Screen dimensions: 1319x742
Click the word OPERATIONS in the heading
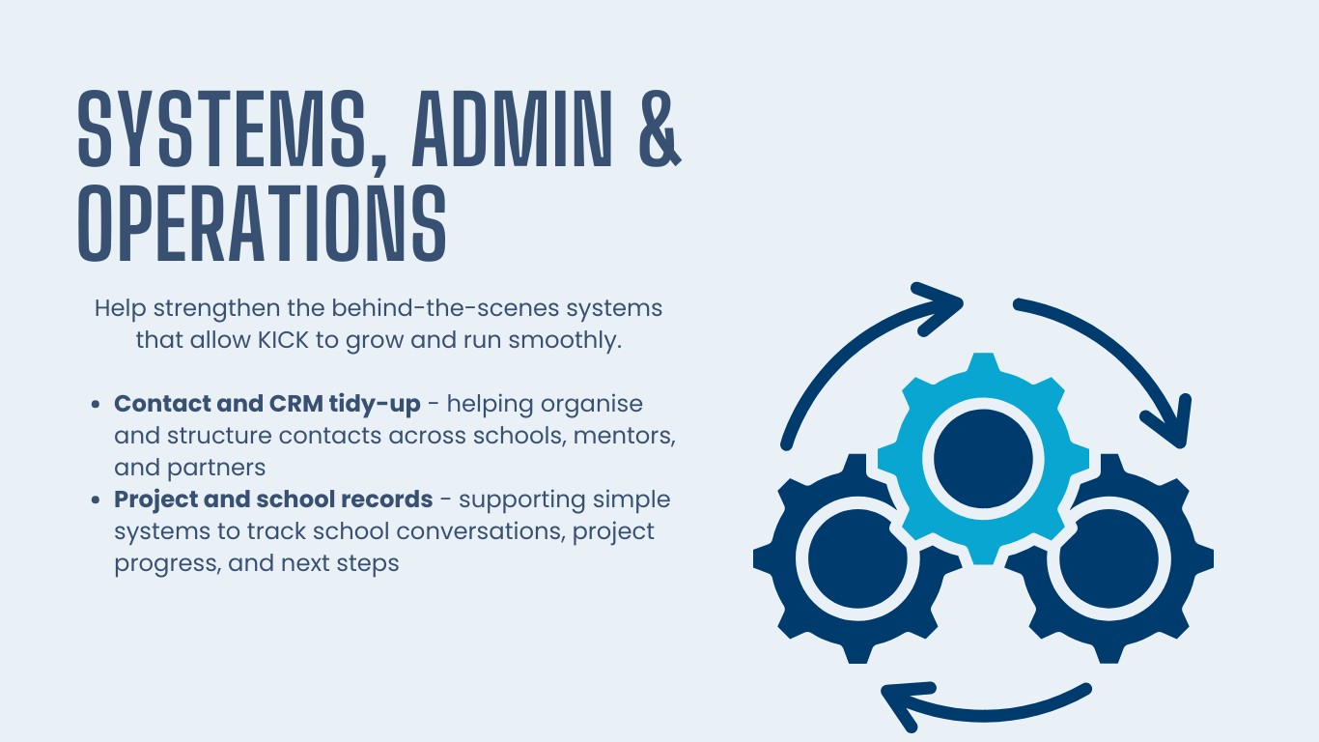pos(262,224)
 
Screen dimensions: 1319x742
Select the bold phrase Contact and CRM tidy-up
pos(267,403)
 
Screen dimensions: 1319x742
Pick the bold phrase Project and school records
pos(273,499)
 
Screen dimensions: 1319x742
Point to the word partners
pos(216,468)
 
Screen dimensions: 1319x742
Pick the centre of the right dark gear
pos(1107,557)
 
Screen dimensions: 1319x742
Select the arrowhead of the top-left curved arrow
pos(941,302)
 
